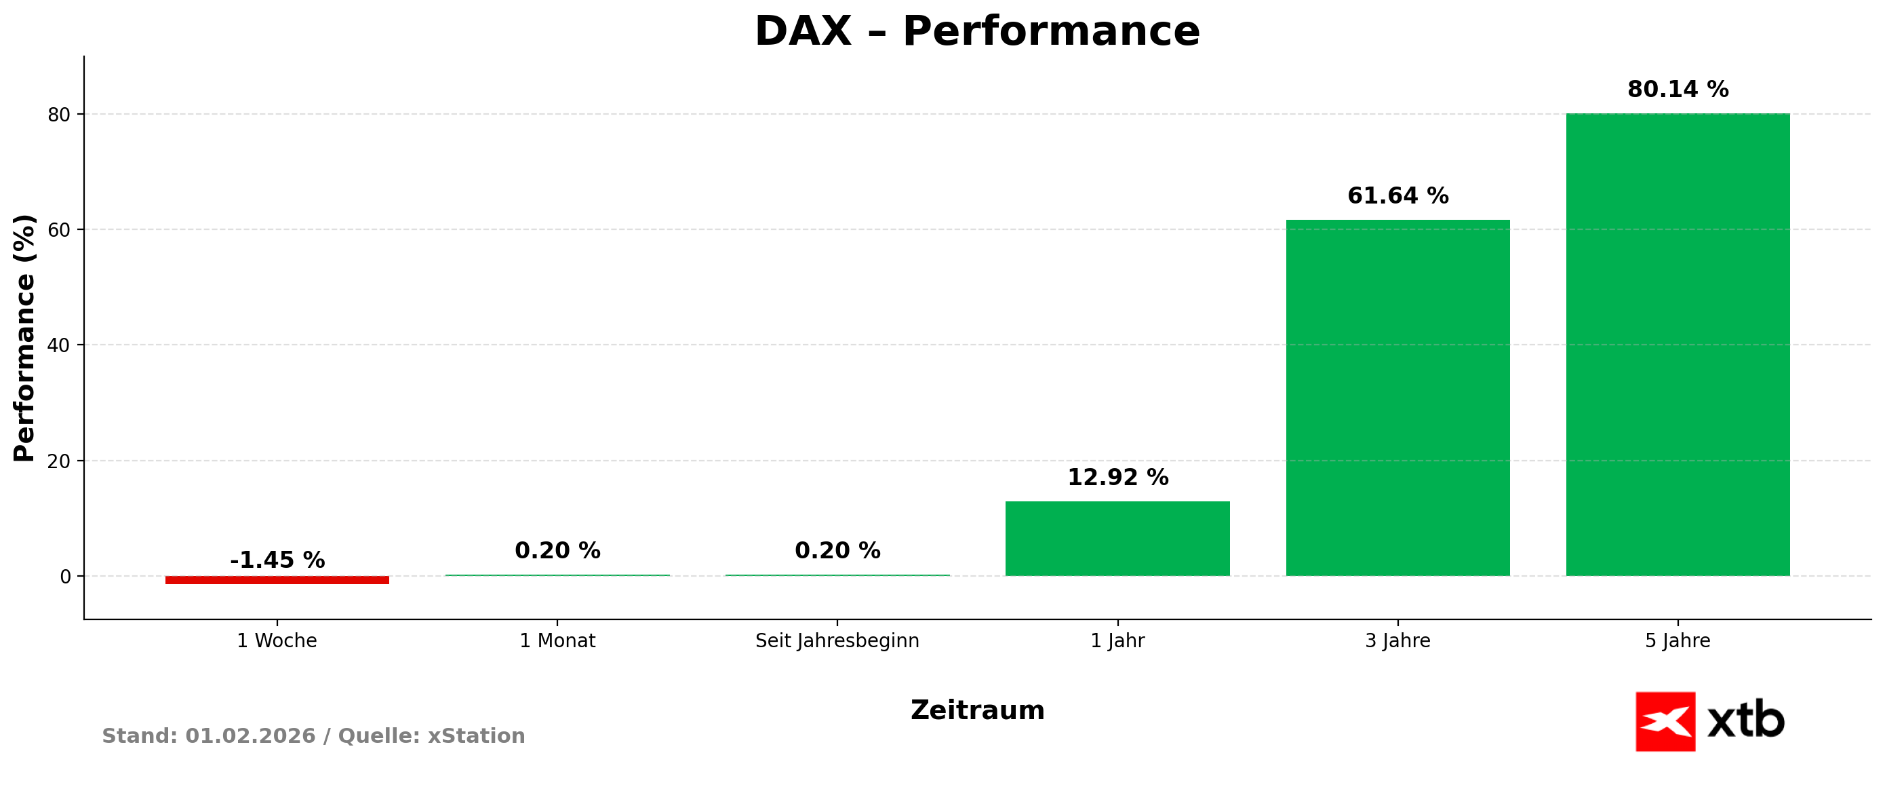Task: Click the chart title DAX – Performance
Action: point(977,32)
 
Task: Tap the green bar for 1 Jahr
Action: point(1117,539)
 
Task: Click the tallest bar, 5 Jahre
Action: point(1678,344)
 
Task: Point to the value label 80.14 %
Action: point(1678,90)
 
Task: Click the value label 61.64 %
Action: point(1397,196)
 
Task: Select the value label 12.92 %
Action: point(1117,478)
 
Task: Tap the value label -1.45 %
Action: point(277,560)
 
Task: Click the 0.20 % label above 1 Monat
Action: point(557,551)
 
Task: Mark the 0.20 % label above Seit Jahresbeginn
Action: point(837,551)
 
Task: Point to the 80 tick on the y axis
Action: point(59,115)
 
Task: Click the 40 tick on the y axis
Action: point(59,345)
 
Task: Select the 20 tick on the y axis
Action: point(59,461)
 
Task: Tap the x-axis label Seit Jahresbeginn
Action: point(837,641)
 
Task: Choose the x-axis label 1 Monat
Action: point(557,641)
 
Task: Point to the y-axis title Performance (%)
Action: point(24,338)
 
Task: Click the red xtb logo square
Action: point(1665,722)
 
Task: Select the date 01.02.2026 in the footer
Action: point(250,736)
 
